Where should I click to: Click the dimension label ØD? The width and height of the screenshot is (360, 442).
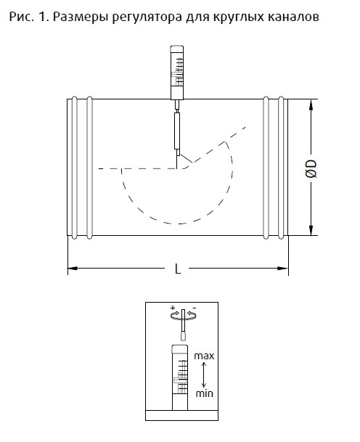pos(311,169)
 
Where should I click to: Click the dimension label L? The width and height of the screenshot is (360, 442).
pos(178,269)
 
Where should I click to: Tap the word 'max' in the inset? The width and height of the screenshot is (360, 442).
pos(204,356)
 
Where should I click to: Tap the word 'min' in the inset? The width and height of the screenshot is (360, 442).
pos(205,393)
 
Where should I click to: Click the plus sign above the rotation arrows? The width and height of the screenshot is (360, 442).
pos(173,308)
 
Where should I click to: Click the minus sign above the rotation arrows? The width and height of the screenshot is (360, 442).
pos(195,308)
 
